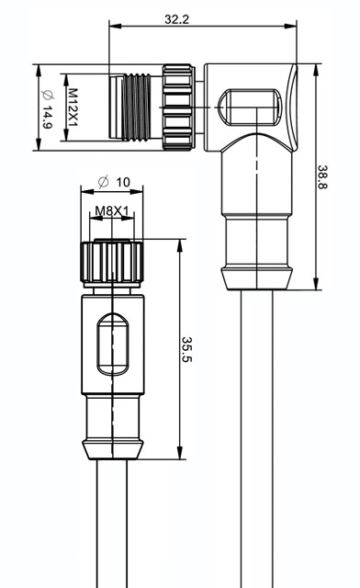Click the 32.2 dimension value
[177, 19]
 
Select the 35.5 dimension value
[186, 349]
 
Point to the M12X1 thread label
[73, 107]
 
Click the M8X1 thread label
[112, 211]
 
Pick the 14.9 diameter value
[47, 118]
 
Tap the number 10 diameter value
[123, 182]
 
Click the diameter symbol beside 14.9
[48, 96]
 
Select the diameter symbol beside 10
[103, 182]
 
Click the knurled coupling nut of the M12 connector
[178, 107]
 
